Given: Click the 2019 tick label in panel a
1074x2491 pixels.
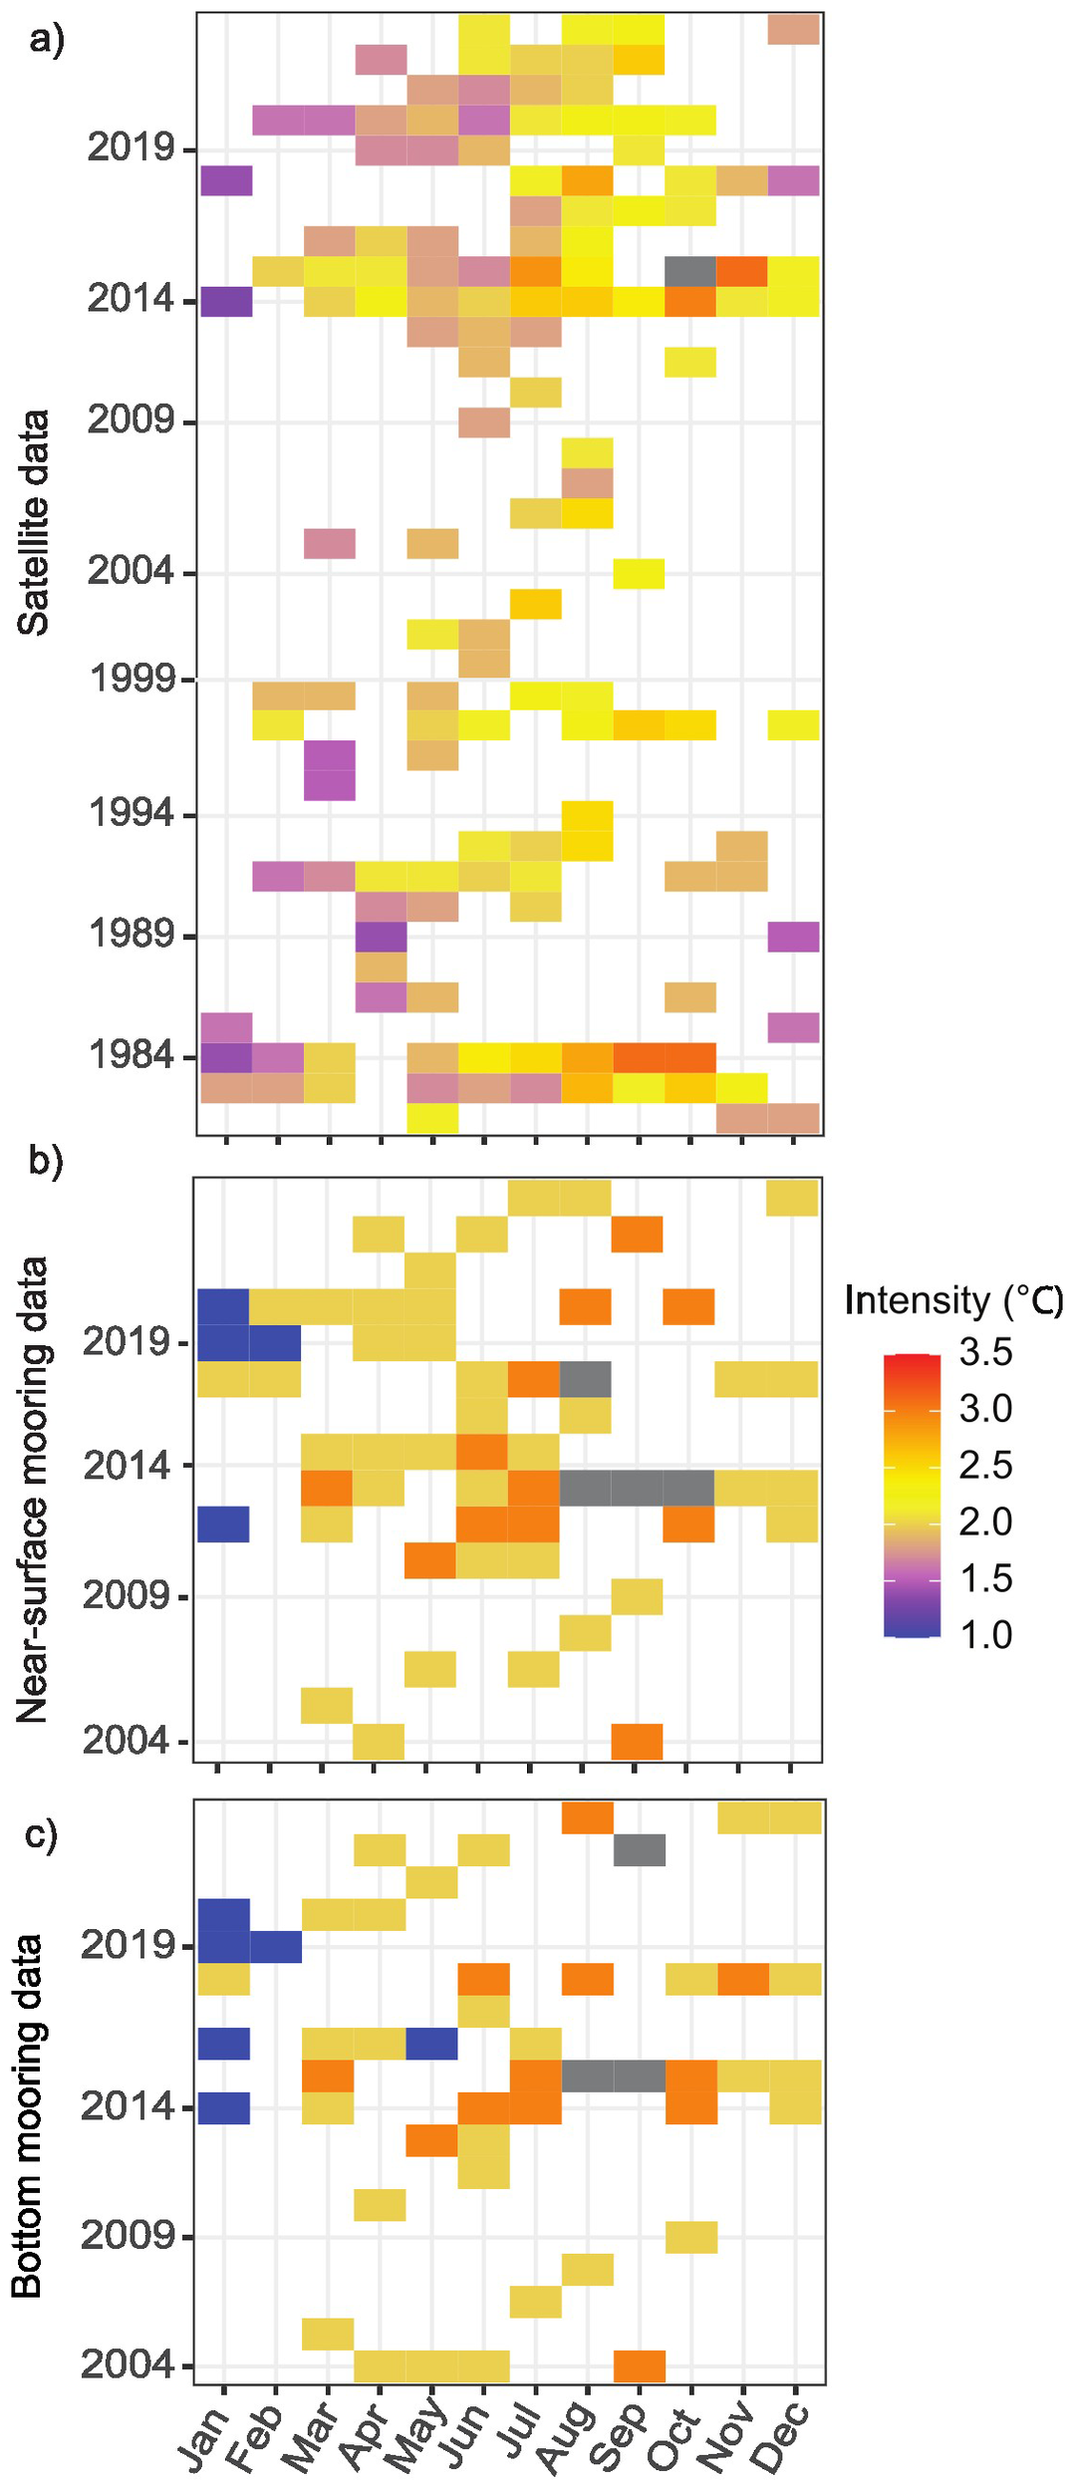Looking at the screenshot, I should click(131, 147).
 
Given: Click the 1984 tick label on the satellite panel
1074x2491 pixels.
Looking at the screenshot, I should click(131, 1054).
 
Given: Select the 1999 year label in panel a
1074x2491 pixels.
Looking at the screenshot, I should click(132, 680).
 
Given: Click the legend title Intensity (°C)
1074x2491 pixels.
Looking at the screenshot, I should click(953, 1300).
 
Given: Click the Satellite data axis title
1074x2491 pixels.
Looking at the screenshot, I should click(33, 522).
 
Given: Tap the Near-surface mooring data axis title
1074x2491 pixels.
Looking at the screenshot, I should click(33, 1490).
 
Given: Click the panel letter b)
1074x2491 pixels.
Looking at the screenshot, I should click(45, 1160).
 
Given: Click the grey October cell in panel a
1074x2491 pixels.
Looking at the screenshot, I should click(689, 271).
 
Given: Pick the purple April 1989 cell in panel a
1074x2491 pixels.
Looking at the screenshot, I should click(382, 937).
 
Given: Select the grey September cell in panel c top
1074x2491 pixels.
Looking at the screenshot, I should click(639, 1850).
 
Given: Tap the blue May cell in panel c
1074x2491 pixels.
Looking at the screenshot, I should click(431, 2044).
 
